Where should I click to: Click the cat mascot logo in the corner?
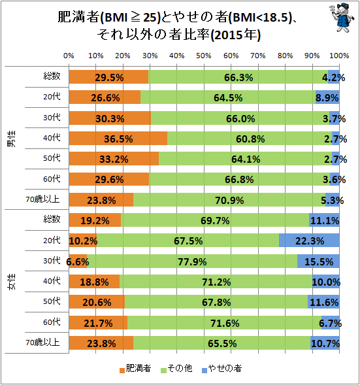[x=342, y=18]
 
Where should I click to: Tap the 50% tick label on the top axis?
[x=204, y=56]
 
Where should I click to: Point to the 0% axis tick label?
[x=69, y=56]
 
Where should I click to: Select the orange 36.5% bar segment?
[x=118, y=138]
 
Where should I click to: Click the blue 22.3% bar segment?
[x=309, y=241]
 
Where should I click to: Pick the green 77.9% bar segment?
[x=192, y=261]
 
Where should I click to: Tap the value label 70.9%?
[x=229, y=201]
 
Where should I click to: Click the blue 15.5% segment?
[x=318, y=261]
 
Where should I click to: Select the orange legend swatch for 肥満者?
[x=122, y=370]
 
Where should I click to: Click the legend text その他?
[x=180, y=368]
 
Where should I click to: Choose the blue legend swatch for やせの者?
[x=205, y=370]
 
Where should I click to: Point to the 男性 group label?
[x=11, y=139]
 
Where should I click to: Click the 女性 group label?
[x=11, y=281]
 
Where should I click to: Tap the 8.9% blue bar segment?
[x=327, y=97]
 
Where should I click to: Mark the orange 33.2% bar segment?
[x=114, y=159]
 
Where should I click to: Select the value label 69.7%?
[x=215, y=221]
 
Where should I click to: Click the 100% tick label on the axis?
[x=339, y=56]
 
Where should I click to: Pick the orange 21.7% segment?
[x=98, y=323]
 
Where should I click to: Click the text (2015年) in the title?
[x=236, y=35]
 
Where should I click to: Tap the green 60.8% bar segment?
[x=250, y=138]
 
